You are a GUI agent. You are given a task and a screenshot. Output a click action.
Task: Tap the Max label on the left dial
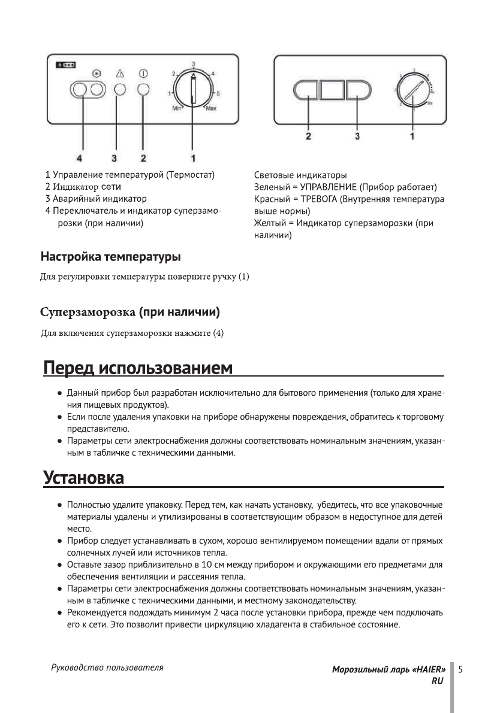click(212, 108)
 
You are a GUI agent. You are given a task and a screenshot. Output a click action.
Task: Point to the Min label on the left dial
click(177, 108)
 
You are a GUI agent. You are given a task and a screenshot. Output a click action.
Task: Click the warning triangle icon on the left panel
click(120, 74)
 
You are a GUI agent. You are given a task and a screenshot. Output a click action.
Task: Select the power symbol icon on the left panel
click(143, 74)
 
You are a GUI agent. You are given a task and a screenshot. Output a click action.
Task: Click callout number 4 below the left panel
click(79, 158)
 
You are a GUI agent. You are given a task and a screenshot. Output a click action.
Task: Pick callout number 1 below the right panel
click(412, 136)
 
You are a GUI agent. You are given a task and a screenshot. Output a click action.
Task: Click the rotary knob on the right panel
click(412, 90)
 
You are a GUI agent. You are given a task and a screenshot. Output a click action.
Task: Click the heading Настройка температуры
click(110, 257)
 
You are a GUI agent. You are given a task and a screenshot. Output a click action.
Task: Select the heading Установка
click(84, 479)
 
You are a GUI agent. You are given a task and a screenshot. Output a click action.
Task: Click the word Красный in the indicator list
click(271, 199)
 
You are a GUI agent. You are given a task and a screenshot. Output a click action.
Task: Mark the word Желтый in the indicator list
click(270, 223)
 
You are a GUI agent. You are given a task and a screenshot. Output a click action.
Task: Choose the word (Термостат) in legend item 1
click(190, 175)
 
